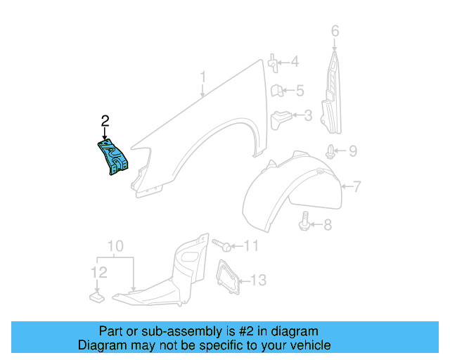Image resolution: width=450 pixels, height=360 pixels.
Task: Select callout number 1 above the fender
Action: [x=202, y=77]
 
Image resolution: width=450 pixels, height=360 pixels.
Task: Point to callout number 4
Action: [x=294, y=62]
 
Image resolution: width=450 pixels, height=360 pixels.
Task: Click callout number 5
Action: [x=300, y=90]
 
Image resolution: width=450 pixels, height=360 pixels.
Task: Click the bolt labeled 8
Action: [x=306, y=221]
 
